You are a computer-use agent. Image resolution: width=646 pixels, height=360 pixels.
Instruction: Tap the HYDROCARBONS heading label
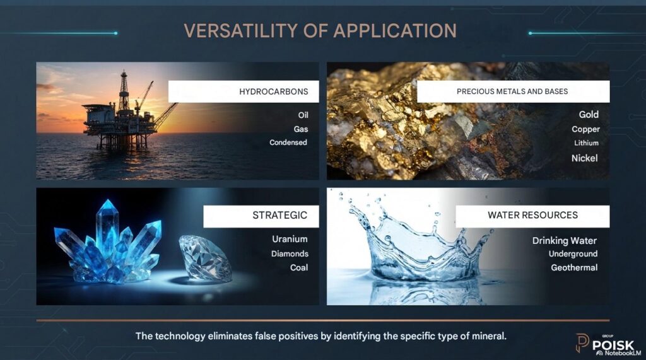(x=274, y=91)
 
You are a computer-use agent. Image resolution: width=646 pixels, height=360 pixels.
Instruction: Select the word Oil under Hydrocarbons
(x=303, y=115)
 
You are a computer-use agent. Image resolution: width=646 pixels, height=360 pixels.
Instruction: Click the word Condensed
(x=288, y=142)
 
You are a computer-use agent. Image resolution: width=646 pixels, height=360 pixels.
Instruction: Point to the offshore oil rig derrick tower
(x=124, y=91)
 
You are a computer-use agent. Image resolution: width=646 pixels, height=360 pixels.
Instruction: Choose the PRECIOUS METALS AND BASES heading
(x=512, y=91)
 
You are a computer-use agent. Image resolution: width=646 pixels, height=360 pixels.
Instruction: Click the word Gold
(x=589, y=115)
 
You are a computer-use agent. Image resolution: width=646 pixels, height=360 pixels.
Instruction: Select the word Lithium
(x=586, y=143)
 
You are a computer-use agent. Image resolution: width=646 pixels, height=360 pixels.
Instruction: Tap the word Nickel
(x=584, y=158)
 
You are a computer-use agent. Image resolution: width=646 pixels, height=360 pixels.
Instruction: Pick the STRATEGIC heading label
(x=279, y=215)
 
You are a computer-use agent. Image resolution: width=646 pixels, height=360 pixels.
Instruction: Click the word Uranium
(x=290, y=239)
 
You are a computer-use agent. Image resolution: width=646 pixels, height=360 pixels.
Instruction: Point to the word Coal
(x=298, y=267)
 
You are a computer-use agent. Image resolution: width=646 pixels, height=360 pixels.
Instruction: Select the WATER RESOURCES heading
(x=532, y=215)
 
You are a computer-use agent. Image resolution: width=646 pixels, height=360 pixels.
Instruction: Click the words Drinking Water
(x=565, y=241)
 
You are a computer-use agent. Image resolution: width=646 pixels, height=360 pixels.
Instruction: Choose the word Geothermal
(x=574, y=267)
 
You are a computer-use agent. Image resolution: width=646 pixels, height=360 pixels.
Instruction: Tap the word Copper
(x=585, y=129)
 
